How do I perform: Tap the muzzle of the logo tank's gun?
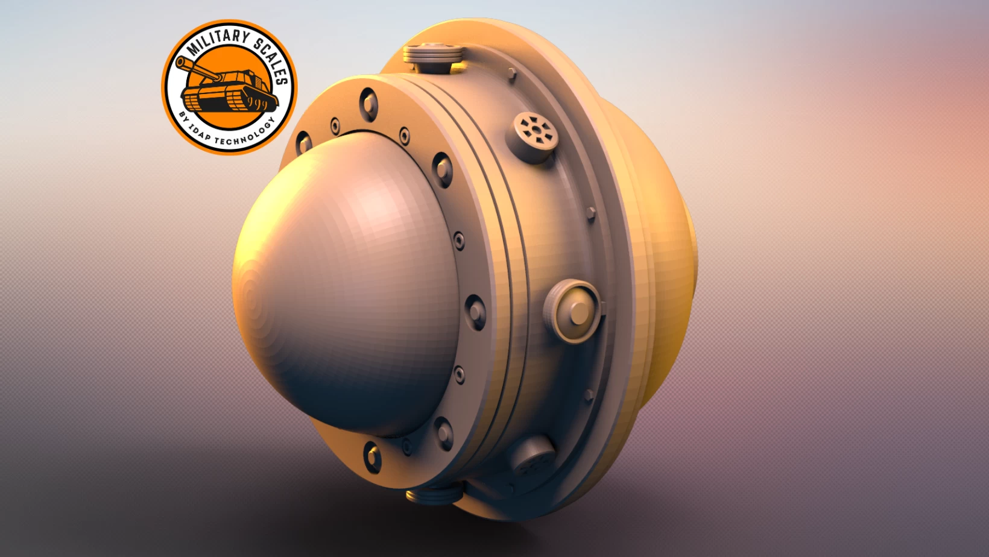click(x=180, y=61)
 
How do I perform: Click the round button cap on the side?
click(x=576, y=311)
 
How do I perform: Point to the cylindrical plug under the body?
click(x=434, y=496)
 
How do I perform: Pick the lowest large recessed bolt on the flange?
click(x=372, y=456)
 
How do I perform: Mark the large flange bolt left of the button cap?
click(x=475, y=311)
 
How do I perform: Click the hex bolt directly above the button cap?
click(x=590, y=213)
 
